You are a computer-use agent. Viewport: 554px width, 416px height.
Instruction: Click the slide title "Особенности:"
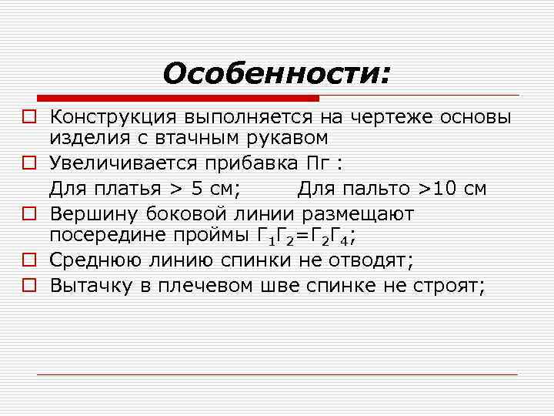(276, 74)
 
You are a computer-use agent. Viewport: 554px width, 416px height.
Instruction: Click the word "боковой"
(181, 213)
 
